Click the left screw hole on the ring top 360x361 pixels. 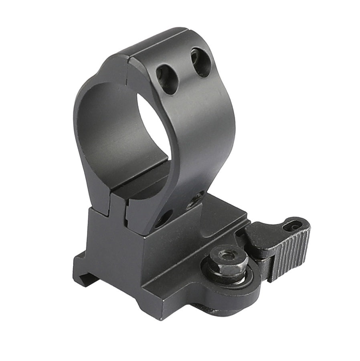(167, 79)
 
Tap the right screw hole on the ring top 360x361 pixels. (200, 62)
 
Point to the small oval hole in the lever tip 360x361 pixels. (292, 227)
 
